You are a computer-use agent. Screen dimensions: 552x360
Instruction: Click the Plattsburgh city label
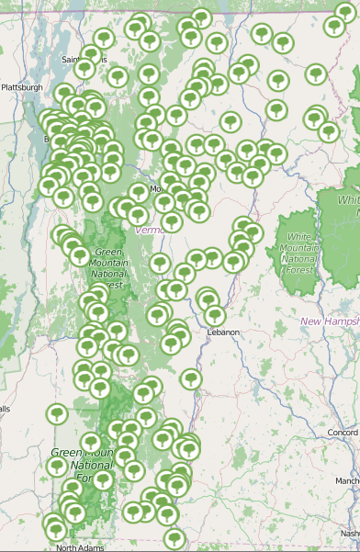(x=22, y=87)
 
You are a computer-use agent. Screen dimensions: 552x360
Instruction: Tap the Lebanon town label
(x=222, y=332)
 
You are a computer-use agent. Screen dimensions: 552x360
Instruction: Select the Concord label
(x=343, y=432)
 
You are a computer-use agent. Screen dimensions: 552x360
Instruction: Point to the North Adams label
(x=81, y=547)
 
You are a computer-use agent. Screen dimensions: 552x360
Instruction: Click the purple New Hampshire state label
(x=330, y=321)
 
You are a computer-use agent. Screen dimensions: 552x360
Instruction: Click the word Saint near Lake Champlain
(x=72, y=60)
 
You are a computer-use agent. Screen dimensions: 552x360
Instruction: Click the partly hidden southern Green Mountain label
(x=79, y=465)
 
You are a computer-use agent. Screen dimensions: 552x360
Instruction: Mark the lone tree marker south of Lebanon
(x=190, y=377)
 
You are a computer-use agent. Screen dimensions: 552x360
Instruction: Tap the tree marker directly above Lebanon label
(x=215, y=315)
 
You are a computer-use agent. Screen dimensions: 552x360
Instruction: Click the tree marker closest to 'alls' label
(x=57, y=413)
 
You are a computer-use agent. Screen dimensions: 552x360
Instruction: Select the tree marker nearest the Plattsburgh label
(x=64, y=93)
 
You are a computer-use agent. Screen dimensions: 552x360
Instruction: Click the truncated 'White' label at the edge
(x=348, y=200)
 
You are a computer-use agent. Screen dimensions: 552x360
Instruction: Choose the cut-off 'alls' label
(x=5, y=409)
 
